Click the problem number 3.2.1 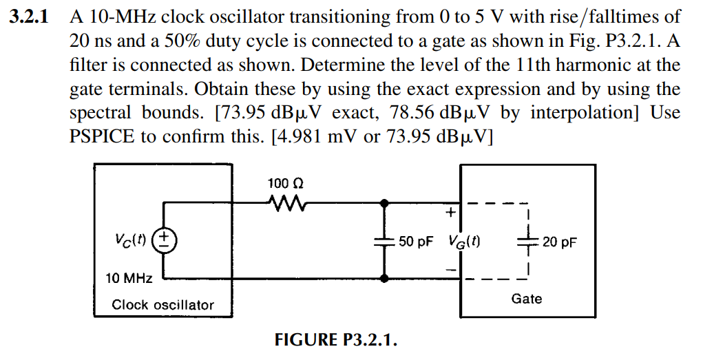pos(28,17)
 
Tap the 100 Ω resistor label pos(285,184)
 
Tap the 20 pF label pos(559,242)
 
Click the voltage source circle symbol pos(165,242)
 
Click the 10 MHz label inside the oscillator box pos(128,278)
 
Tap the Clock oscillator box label pos(162,304)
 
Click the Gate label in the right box pos(526,299)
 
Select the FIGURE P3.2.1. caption pos(336,341)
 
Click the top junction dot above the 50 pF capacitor pos(385,203)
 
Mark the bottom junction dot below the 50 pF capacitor pos(385,279)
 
